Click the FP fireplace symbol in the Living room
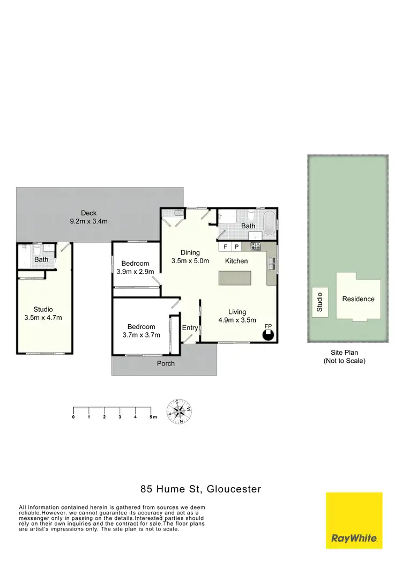269,334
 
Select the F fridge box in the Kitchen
225,246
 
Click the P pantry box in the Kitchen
236,246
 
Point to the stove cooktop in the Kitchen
256,246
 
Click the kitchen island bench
234,278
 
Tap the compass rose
180,412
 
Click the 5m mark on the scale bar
153,416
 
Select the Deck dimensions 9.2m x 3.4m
89,221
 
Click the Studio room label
43,309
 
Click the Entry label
190,328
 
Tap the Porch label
166,363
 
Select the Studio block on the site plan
320,302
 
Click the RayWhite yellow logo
354,520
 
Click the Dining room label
190,252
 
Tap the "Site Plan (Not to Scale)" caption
344,357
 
